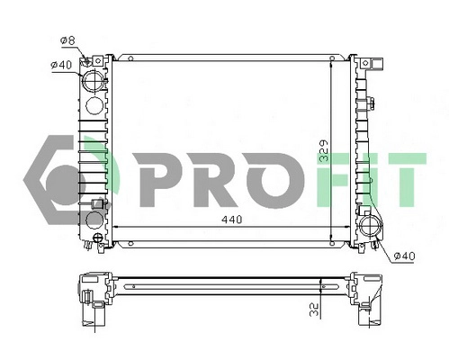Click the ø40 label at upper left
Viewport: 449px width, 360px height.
click(60, 63)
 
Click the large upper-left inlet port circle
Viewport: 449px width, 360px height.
click(94, 82)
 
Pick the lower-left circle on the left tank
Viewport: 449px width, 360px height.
click(94, 219)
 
